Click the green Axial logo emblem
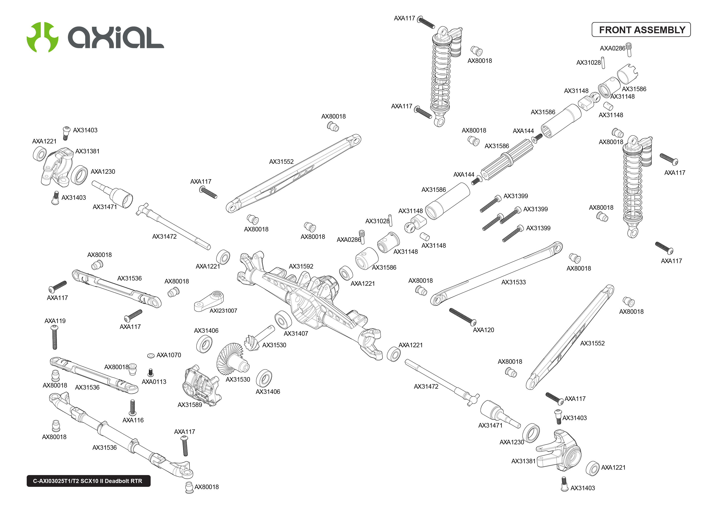pyautogui.click(x=42, y=37)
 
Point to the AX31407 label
pyautogui.click(x=296, y=333)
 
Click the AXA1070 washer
pyautogui.click(x=151, y=355)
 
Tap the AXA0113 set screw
pyautogui.click(x=151, y=373)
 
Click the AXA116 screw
pyautogui.click(x=133, y=407)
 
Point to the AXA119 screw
pyautogui.click(x=55, y=337)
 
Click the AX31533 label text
pyautogui.click(x=513, y=282)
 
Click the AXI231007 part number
pyautogui.click(x=223, y=311)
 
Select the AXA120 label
pyautogui.click(x=483, y=330)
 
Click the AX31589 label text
pyautogui.click(x=190, y=405)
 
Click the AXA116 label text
pyautogui.click(x=133, y=420)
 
